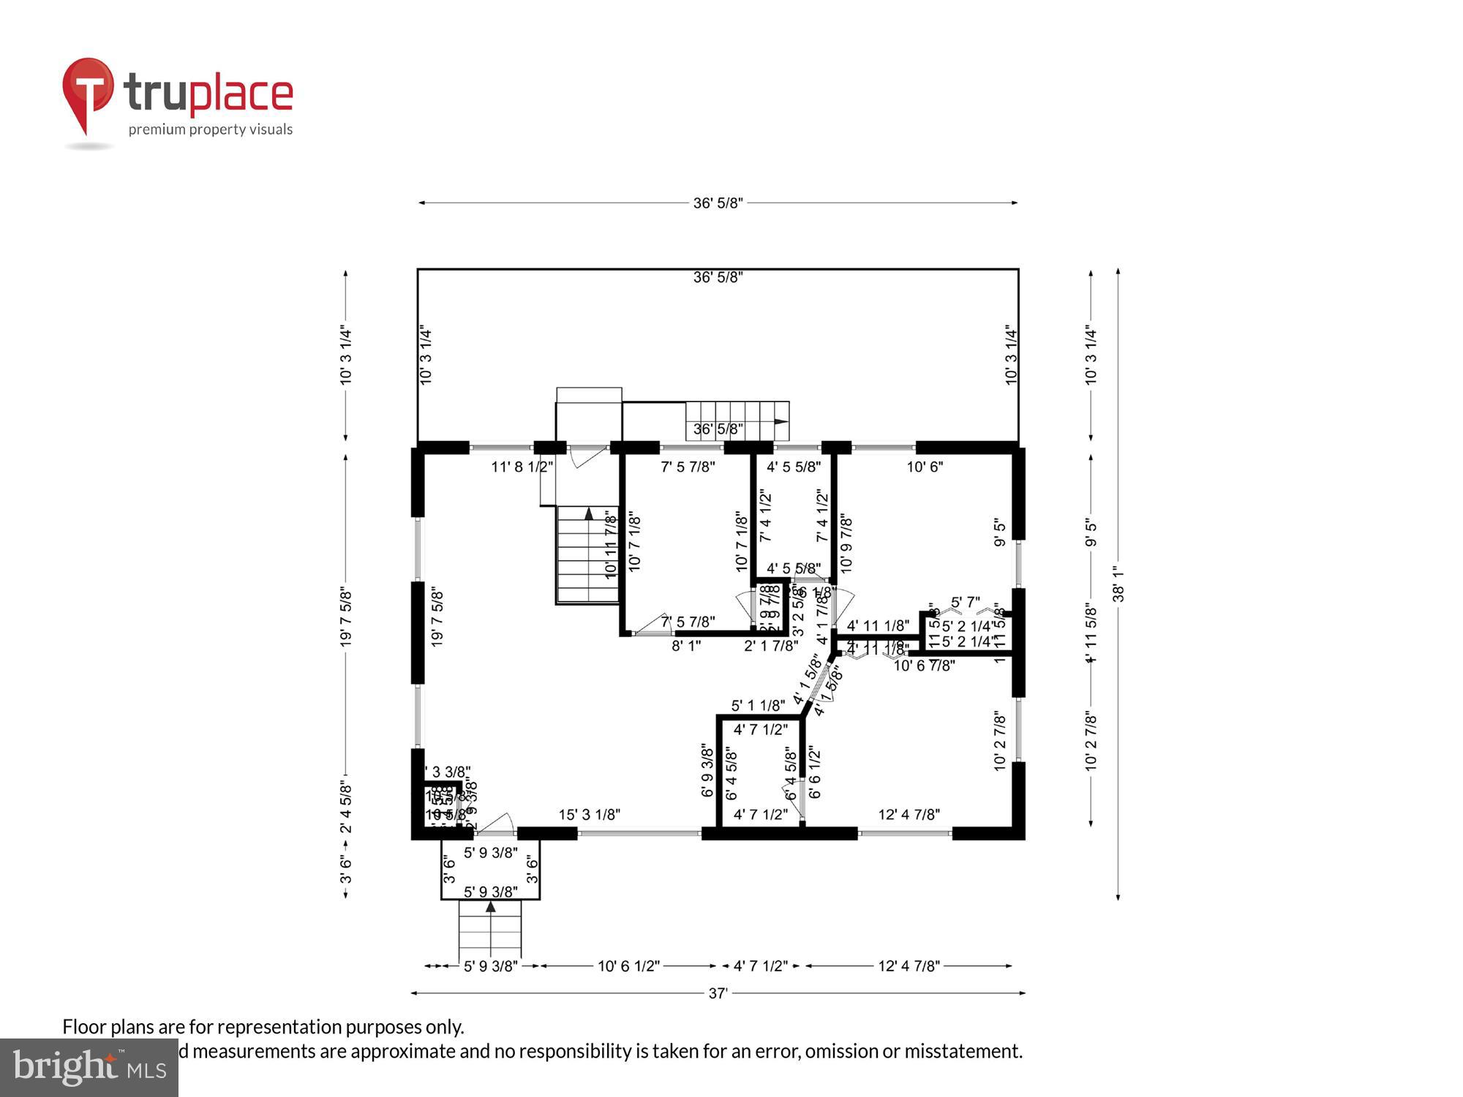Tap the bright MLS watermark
(x=89, y=1067)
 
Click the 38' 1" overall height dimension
(x=1118, y=584)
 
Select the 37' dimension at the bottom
(x=718, y=993)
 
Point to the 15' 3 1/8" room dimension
(x=590, y=815)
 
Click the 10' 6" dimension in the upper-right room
(x=925, y=467)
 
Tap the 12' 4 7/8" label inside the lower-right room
(x=909, y=815)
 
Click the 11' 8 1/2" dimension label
(x=522, y=467)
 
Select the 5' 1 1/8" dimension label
(x=758, y=706)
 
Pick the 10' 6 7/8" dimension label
(x=924, y=666)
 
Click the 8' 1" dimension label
(x=686, y=646)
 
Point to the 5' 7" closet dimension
(x=965, y=603)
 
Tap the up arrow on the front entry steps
(x=490, y=908)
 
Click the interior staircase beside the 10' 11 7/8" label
(x=587, y=556)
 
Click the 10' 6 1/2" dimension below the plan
(x=628, y=966)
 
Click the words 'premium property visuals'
(x=211, y=130)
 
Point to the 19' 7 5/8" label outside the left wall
(x=346, y=618)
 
